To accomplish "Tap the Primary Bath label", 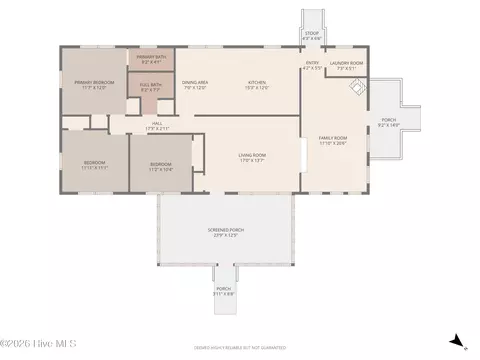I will [152, 60].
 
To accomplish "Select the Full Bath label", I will [151, 87].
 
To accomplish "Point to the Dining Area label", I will [194, 85].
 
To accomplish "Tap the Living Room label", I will [251, 157].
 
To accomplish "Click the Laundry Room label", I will [346, 66].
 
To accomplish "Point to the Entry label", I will [313, 66].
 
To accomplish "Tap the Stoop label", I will [312, 35].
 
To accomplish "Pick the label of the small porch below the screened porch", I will [223, 291].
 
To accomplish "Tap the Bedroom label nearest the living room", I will [161, 166].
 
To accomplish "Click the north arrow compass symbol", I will [456, 341].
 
